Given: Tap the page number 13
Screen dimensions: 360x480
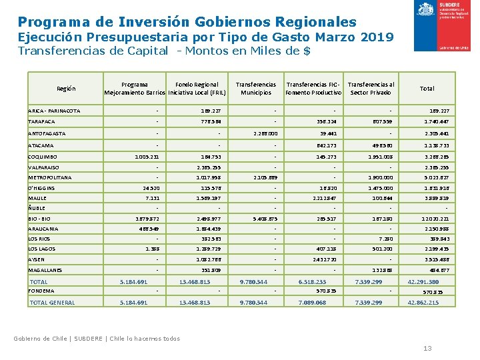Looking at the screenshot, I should (x=427, y=349).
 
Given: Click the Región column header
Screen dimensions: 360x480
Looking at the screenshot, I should (x=66, y=89).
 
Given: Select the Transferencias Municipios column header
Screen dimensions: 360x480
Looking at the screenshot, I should (x=256, y=89).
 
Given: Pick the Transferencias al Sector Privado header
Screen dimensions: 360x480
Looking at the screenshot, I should (x=371, y=89).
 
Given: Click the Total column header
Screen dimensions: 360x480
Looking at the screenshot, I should (x=427, y=89).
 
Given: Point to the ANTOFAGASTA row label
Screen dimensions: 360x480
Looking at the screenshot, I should (x=46, y=133).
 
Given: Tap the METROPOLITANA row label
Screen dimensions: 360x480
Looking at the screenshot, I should (x=49, y=178).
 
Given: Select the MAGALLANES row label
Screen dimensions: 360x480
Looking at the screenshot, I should (x=45, y=270).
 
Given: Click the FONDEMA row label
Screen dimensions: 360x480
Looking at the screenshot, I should (x=41, y=291).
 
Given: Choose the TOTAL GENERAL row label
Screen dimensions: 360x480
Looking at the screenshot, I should (x=53, y=303).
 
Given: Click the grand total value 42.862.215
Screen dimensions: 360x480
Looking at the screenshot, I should (x=423, y=303).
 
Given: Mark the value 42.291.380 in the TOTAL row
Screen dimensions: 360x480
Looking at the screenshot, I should (x=423, y=281).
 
